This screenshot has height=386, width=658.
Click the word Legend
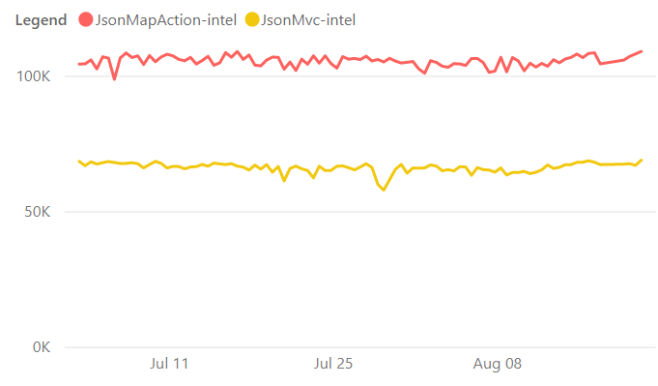42,20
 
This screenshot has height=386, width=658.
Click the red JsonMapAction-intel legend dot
86,19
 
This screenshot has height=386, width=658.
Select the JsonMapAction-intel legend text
166,20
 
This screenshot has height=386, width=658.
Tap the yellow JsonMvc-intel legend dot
252,19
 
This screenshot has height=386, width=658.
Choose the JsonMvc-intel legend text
308,20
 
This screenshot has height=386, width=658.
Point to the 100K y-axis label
33,76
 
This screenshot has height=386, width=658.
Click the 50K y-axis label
38,212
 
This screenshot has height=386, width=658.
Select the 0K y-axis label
42,347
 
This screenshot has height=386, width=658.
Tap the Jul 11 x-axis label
169,364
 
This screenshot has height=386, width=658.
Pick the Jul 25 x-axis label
333,364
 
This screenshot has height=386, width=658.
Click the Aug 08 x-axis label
498,364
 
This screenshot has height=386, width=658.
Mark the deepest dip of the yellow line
384,191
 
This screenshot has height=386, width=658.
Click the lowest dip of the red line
115,79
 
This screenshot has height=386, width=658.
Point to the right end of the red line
642,51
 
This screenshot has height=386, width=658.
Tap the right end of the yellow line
642,160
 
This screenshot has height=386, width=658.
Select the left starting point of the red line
79,64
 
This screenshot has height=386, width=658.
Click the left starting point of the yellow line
79,162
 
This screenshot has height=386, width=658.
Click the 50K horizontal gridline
360,212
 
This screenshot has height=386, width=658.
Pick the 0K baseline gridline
360,347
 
